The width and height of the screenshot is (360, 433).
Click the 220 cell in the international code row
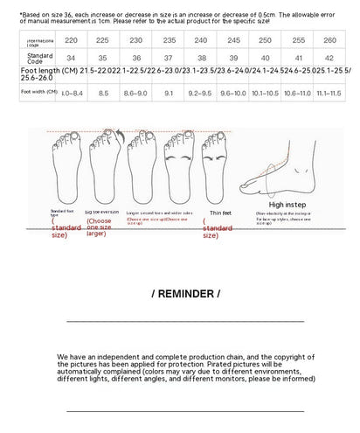[71, 40]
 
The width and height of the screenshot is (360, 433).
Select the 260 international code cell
[329, 40]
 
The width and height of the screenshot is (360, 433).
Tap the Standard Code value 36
[135, 59]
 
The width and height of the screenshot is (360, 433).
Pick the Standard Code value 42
[329, 59]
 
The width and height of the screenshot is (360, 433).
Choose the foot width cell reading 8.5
[103, 91]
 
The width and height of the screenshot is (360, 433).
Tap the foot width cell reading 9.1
[168, 91]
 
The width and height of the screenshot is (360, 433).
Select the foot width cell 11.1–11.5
[329, 91]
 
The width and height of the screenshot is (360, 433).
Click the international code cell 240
[200, 40]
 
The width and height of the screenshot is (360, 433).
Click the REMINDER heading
[185, 293]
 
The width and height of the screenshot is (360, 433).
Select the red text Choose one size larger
[104, 227]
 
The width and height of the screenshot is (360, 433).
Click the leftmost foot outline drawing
[65, 165]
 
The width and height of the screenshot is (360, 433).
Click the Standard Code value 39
[232, 59]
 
